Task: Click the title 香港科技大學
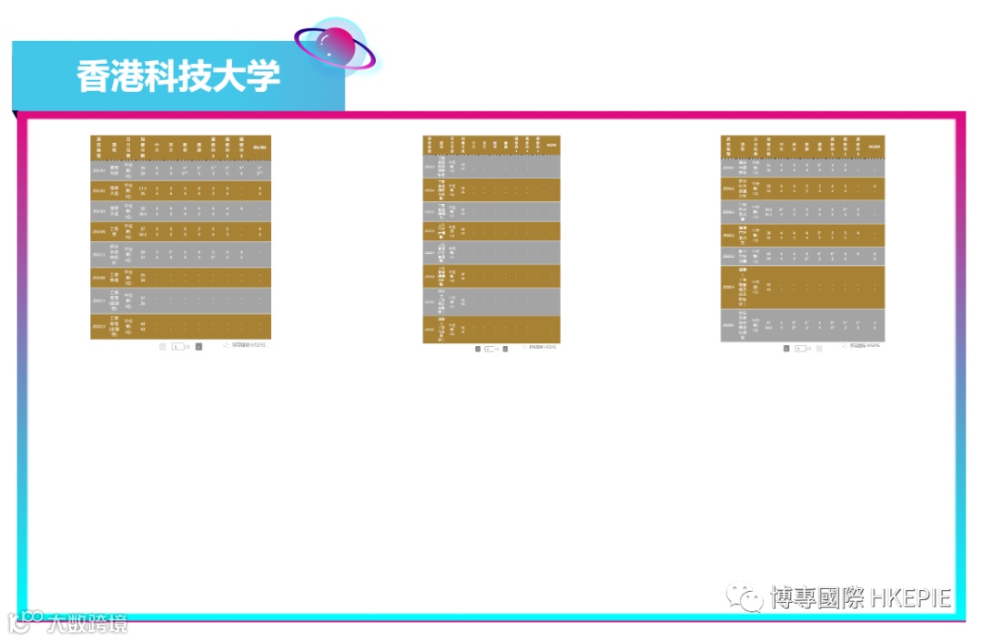pyautogui.click(x=178, y=76)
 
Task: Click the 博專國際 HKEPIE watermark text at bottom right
pyautogui.click(x=860, y=598)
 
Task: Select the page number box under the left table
pyautogui.click(x=178, y=347)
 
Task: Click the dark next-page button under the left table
pyautogui.click(x=199, y=347)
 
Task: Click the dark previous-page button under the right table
pyautogui.click(x=786, y=348)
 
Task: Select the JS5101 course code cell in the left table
pyautogui.click(x=99, y=169)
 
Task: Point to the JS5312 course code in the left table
pyautogui.click(x=99, y=325)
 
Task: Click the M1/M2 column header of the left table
pyautogui.click(x=260, y=147)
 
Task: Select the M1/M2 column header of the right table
pyautogui.click(x=875, y=147)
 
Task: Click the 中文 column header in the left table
pyautogui.click(x=157, y=147)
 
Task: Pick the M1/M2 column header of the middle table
pyautogui.click(x=552, y=147)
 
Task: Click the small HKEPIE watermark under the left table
pyautogui.click(x=246, y=346)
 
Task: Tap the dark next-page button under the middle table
pyautogui.click(x=505, y=349)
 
